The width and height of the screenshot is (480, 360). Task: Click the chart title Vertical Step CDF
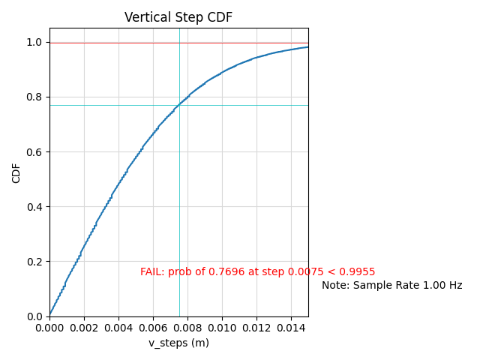point(178,17)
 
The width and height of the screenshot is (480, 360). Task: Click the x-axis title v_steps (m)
point(178,343)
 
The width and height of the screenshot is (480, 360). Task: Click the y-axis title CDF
point(16,172)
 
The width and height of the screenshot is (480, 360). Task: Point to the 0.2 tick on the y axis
point(34,262)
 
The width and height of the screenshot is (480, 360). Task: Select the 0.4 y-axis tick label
point(34,207)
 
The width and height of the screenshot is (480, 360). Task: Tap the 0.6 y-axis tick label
point(34,152)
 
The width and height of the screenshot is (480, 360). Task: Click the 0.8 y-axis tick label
point(34,97)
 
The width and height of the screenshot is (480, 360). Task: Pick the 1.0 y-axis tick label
point(34,43)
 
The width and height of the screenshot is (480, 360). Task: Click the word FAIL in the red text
point(151,271)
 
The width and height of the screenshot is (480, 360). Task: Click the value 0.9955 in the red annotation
point(358,271)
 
